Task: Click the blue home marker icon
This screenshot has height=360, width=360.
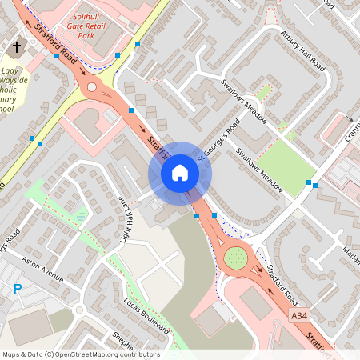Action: (180, 173)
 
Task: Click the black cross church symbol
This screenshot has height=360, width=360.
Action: (16, 48)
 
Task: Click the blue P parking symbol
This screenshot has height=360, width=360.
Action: (17, 289)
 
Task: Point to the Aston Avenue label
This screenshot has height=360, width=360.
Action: (42, 270)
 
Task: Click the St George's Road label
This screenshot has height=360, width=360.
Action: (219, 140)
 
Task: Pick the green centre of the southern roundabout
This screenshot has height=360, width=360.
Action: (236, 258)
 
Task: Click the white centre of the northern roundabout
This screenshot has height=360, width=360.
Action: (91, 86)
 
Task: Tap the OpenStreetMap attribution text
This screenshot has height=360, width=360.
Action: (81, 354)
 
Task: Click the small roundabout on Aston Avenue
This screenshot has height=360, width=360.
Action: (78, 310)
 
